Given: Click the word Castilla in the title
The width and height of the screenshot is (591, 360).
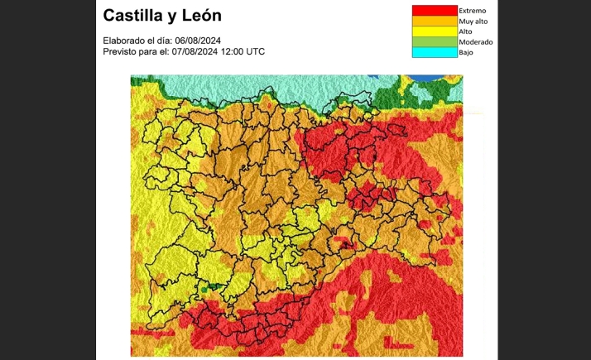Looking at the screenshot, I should click(135, 16).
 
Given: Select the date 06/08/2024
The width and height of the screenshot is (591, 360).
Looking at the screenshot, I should click(198, 41).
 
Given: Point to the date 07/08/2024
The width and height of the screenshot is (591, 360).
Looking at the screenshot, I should click(198, 51).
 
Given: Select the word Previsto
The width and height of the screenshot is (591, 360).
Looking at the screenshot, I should click(121, 51).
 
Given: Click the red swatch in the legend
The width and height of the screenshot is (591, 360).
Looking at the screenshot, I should click(434, 11).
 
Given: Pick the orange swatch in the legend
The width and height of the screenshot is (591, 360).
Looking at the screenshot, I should click(434, 22).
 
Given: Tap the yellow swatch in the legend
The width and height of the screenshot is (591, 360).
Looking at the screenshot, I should click(434, 31).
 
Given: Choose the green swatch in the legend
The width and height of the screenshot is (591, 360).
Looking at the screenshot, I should click(434, 41).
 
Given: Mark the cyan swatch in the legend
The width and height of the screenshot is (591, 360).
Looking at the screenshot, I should click(434, 52).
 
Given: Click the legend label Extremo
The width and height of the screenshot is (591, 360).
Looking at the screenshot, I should click(472, 11).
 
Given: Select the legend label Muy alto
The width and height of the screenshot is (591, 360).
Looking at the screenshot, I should click(473, 22).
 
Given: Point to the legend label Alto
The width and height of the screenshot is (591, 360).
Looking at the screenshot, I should click(466, 31).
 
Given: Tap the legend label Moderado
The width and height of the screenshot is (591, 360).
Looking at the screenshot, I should click(476, 41).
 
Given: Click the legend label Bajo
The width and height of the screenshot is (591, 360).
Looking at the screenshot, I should click(466, 52).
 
